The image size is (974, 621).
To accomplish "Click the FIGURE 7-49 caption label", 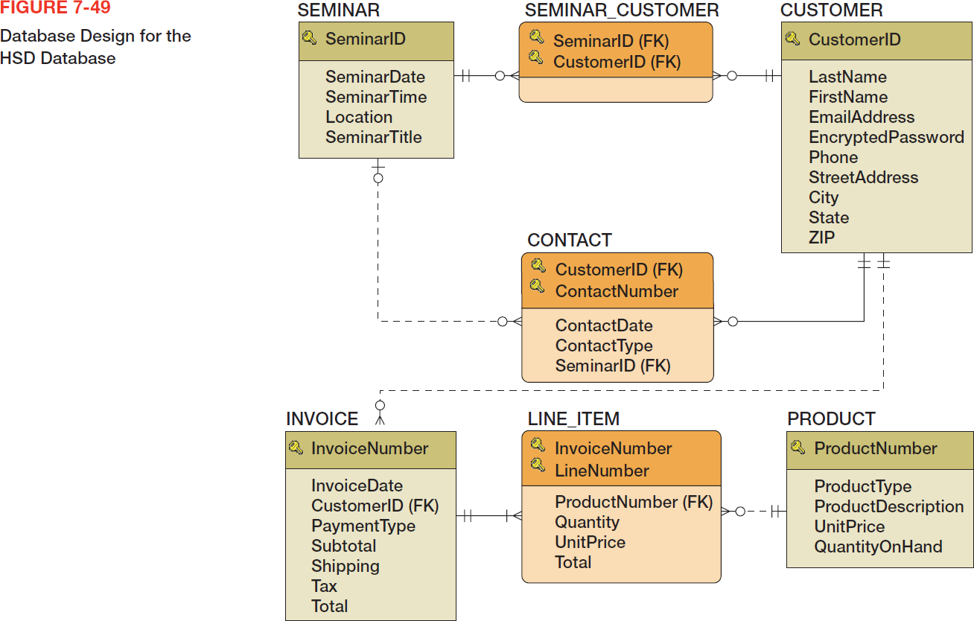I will tap(55, 9).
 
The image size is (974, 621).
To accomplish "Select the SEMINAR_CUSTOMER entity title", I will tap(622, 10).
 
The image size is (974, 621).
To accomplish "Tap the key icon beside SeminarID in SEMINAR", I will tap(310, 37).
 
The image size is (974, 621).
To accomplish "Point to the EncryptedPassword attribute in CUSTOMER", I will tap(886, 137).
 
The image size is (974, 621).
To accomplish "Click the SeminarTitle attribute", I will tap(373, 137).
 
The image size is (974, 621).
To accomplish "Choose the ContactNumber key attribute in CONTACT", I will tap(617, 291).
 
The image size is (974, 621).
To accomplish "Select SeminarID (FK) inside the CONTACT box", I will tap(613, 366).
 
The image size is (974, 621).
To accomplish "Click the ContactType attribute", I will tap(604, 345).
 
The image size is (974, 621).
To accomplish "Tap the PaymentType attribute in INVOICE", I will tap(363, 526).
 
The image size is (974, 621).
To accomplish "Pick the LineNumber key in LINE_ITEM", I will tap(602, 471).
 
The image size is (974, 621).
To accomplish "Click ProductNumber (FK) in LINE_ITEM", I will tap(634, 502).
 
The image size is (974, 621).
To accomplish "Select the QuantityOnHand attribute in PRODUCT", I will tap(878, 547).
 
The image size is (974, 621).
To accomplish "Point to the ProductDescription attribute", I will tap(888, 506).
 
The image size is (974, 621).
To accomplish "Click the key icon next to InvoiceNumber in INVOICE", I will tap(296, 448).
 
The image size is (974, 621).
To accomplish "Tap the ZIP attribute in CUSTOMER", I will tap(822, 238).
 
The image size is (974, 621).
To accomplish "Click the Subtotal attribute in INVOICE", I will tap(343, 546).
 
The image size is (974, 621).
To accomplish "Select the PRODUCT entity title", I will tap(831, 419).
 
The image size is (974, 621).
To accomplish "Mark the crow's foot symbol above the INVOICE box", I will tap(381, 418).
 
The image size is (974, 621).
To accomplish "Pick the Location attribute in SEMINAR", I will tap(359, 117).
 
